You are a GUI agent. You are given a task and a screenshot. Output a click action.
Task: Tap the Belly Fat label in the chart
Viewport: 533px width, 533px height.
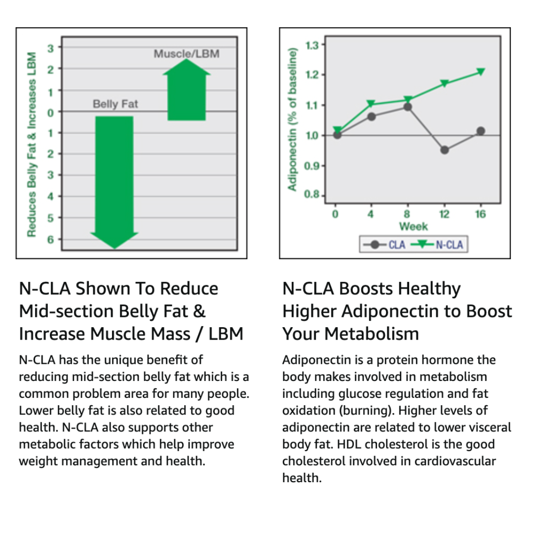pyautogui.click(x=115, y=104)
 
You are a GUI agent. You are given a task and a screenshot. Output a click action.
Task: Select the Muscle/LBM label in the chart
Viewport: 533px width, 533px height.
pyautogui.click(x=186, y=53)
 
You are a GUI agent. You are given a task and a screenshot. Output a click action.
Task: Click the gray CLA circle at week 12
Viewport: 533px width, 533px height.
pyautogui.click(x=445, y=150)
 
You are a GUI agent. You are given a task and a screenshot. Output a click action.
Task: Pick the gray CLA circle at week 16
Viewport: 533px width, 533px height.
pyautogui.click(x=481, y=131)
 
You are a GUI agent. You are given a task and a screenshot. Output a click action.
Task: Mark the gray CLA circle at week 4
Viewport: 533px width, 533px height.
pyautogui.click(x=372, y=116)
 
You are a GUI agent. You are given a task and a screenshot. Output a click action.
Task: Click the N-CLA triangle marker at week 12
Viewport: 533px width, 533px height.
pyautogui.click(x=445, y=83)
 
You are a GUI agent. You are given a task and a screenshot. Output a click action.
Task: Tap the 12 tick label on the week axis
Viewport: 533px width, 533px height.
pyautogui.click(x=444, y=214)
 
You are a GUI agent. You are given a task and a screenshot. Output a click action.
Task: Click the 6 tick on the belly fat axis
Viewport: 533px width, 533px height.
pyautogui.click(x=50, y=239)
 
